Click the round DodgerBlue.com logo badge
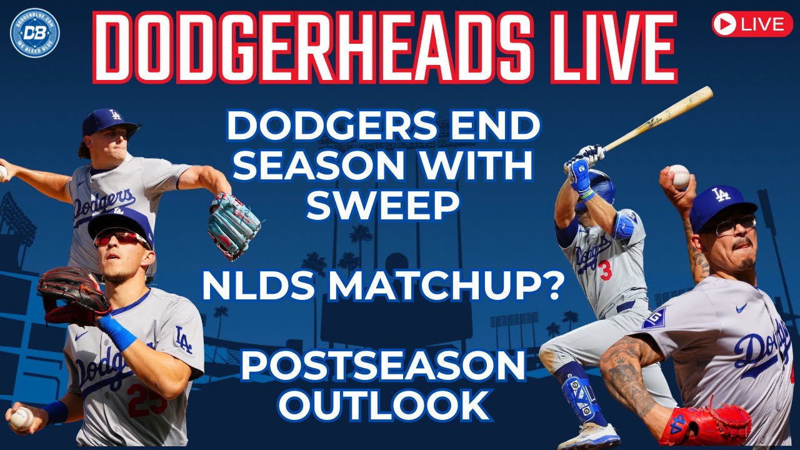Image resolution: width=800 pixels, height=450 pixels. [x=35, y=33]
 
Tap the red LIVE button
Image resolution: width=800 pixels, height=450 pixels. [x=752, y=24]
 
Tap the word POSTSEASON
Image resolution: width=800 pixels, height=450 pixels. [x=383, y=366]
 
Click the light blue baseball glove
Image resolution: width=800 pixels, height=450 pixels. [x=234, y=226]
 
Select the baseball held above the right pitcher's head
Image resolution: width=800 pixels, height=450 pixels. [x=679, y=176]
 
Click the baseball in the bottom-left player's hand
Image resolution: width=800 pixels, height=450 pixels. [x=22, y=418]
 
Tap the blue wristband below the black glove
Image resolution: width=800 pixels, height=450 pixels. [x=117, y=332]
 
